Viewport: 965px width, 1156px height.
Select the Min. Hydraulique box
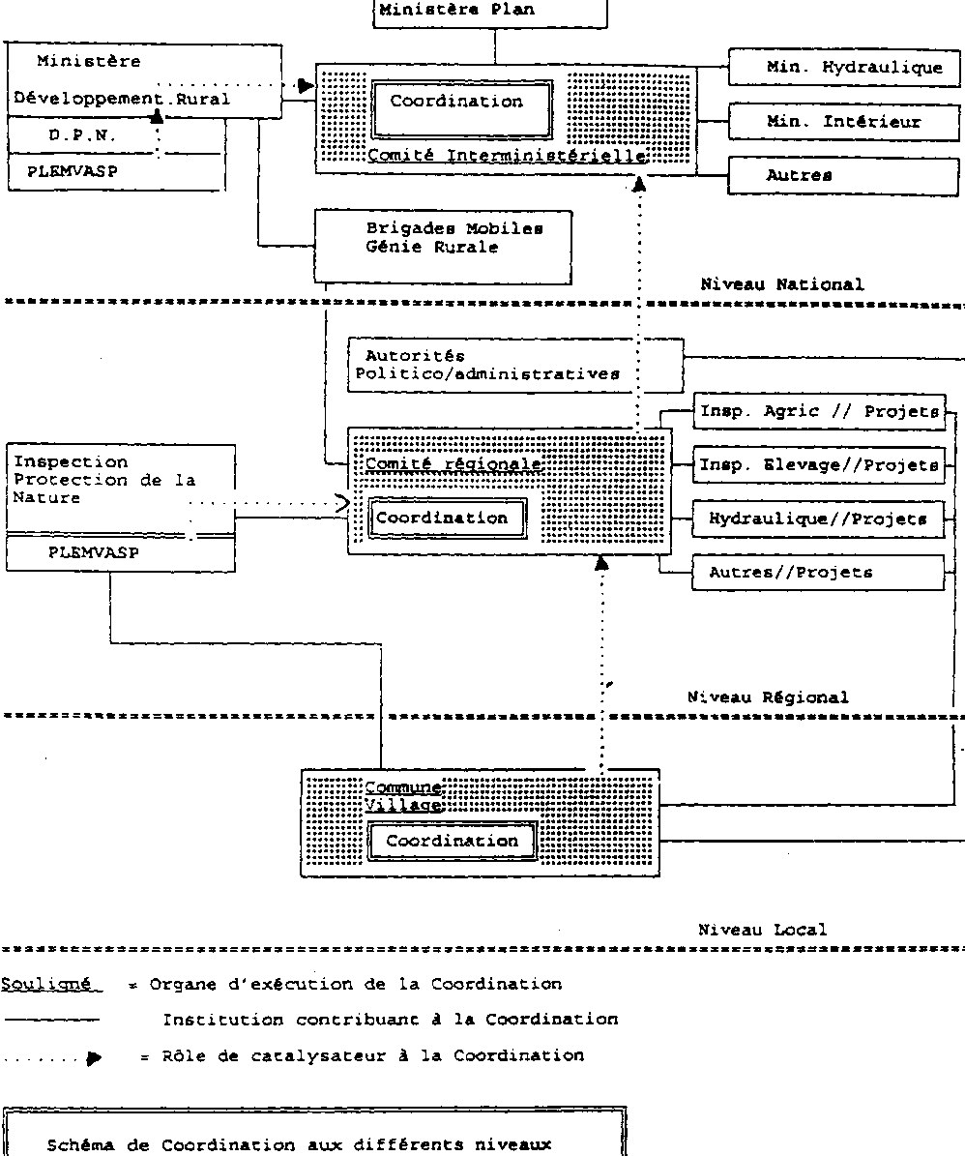click(842, 69)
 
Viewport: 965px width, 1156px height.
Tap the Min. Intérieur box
click(842, 122)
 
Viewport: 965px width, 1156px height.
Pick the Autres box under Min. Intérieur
click(842, 176)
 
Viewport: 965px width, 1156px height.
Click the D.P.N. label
click(82, 136)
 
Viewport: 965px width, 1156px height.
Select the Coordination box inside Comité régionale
click(443, 519)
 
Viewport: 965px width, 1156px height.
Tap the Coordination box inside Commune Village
click(452, 842)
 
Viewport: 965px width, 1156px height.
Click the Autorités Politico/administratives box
click(514, 365)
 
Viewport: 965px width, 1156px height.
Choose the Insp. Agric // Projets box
click(819, 412)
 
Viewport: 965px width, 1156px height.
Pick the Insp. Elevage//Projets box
click(819, 465)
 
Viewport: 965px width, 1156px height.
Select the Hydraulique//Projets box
click(819, 519)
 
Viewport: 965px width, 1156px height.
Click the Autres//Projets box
click(819, 573)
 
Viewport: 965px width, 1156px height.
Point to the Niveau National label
click(782, 284)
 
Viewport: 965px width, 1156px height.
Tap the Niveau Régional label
click(768, 697)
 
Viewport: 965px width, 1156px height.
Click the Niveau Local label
click(763, 930)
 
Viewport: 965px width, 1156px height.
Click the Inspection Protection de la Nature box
click(120, 488)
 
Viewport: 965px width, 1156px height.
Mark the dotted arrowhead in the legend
click(94, 1057)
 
